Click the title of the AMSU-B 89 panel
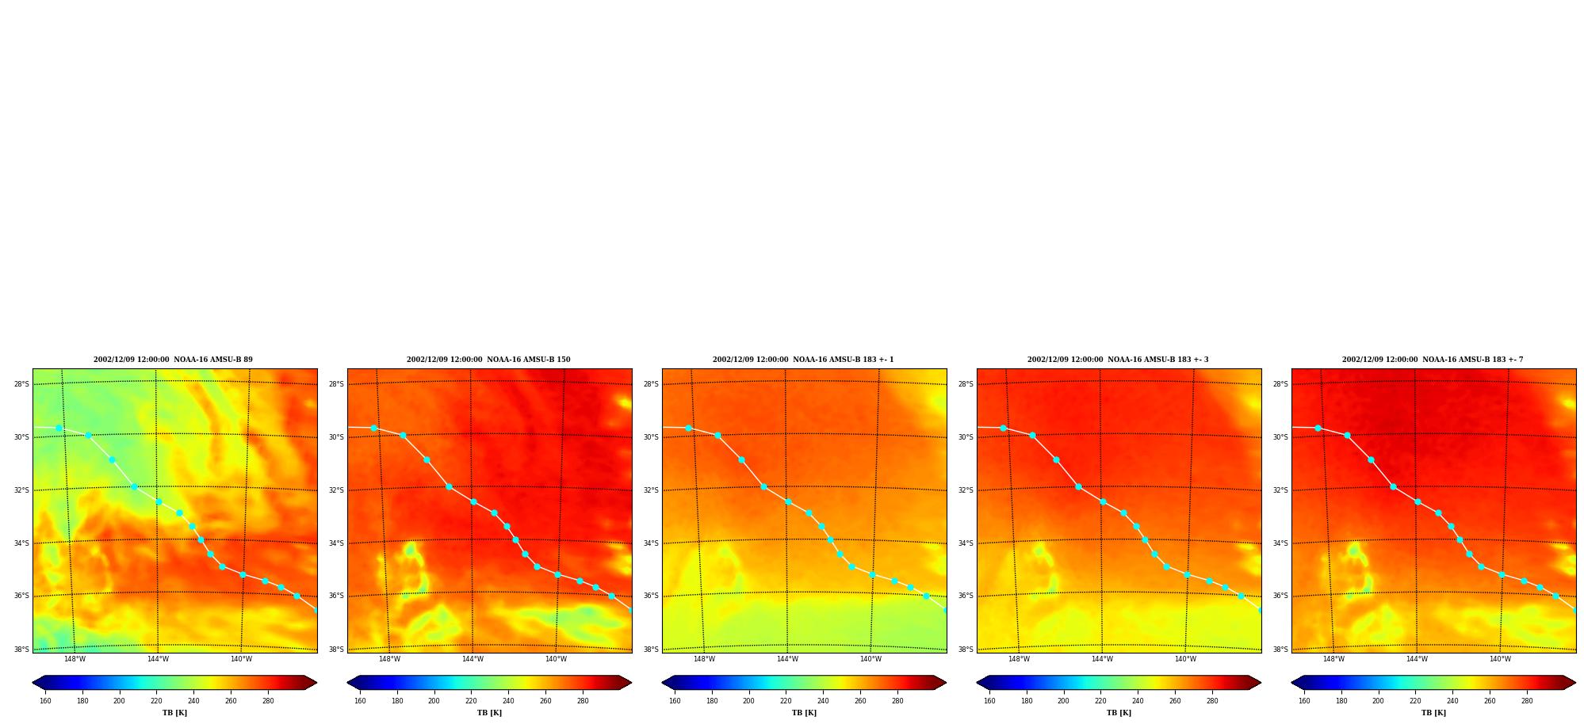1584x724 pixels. (173, 360)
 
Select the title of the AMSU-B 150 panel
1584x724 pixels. (488, 360)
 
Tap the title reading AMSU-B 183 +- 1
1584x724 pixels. (803, 360)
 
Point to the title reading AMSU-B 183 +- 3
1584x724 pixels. (1118, 360)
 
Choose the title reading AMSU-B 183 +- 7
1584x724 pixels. (1433, 360)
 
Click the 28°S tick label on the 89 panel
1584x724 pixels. (21, 384)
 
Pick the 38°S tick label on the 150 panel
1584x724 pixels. (336, 650)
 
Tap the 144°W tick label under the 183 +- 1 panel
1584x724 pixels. (787, 659)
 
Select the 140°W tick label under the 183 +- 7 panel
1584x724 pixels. (1500, 659)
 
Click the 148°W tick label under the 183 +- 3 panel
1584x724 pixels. (1019, 659)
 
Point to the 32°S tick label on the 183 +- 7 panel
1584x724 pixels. (1280, 490)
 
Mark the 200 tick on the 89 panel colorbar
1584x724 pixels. (119, 701)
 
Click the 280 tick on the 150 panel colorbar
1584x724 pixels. (583, 701)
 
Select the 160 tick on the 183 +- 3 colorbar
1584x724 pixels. (989, 701)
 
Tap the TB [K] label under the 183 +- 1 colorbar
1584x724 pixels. (804, 713)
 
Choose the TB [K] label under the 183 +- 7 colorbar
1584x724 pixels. (1433, 713)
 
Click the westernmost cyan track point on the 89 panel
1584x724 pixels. (59, 428)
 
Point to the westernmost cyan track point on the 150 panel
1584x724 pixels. (373, 428)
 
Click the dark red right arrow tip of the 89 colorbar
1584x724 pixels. (316, 683)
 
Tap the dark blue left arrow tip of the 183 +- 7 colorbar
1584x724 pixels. (1292, 683)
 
